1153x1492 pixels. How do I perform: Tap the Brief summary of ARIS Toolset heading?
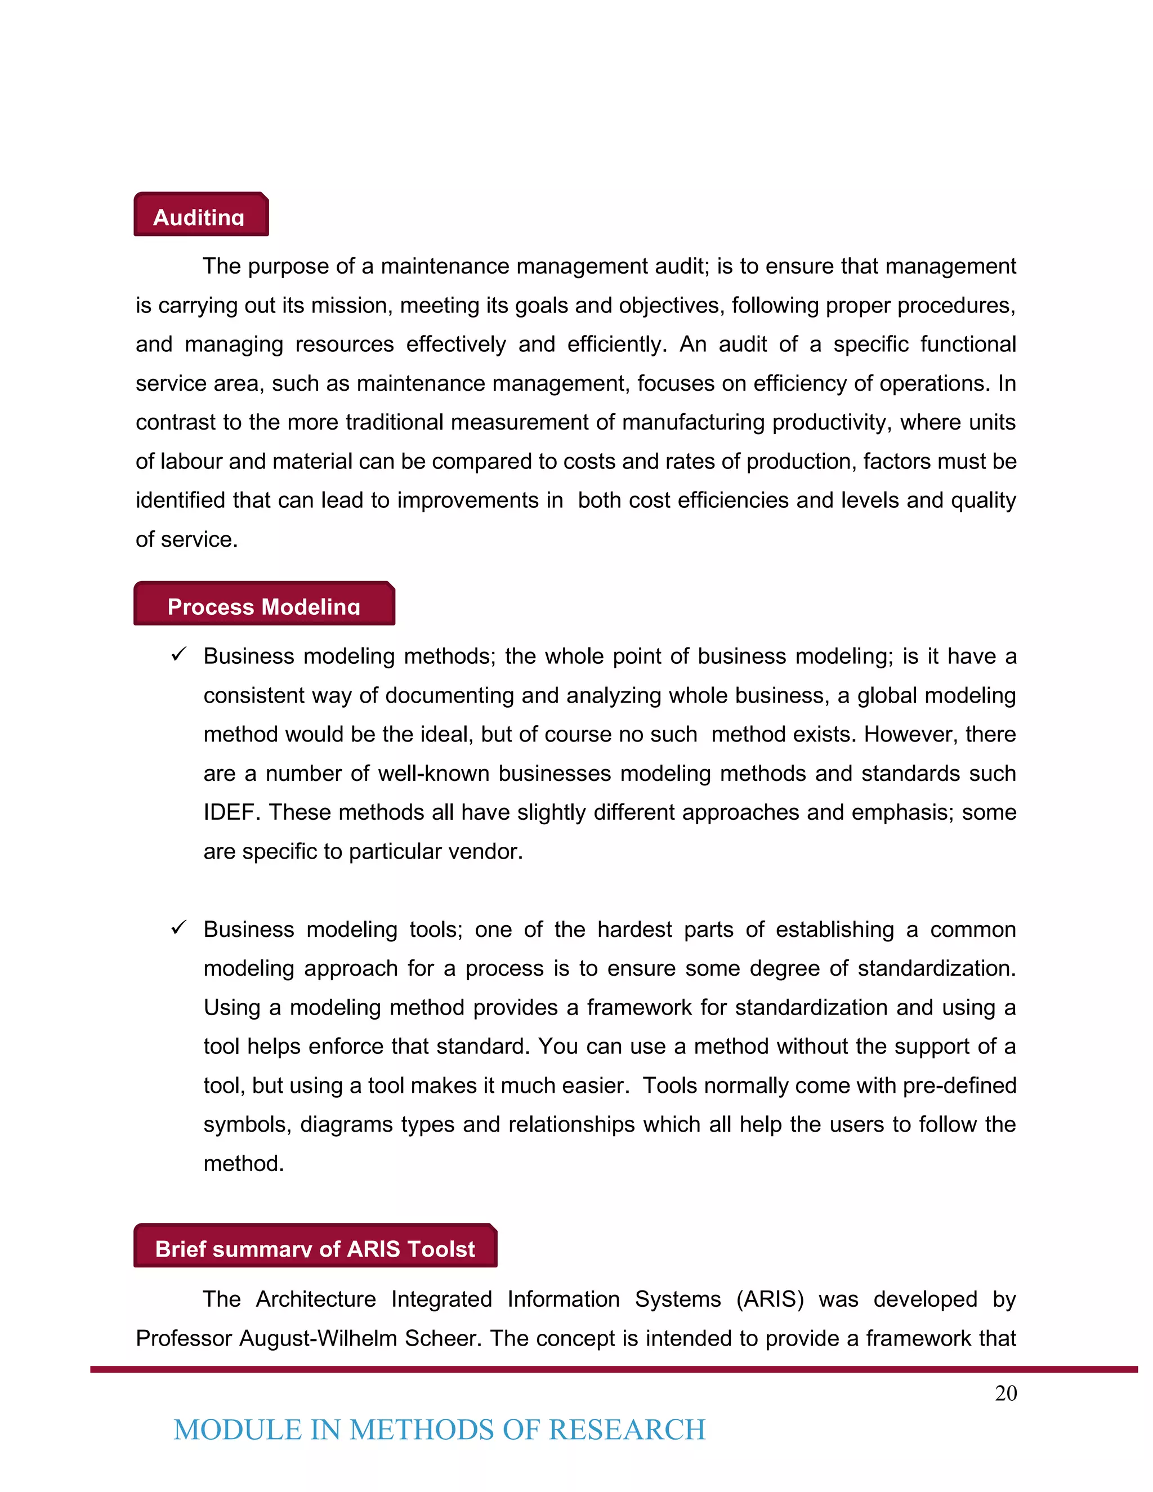(x=315, y=1247)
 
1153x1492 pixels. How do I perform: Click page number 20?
(x=1005, y=1393)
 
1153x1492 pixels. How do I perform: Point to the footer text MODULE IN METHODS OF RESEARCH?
(x=439, y=1430)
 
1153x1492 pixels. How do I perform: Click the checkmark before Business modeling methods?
(x=179, y=654)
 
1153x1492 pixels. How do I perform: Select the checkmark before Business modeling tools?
(x=179, y=928)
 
